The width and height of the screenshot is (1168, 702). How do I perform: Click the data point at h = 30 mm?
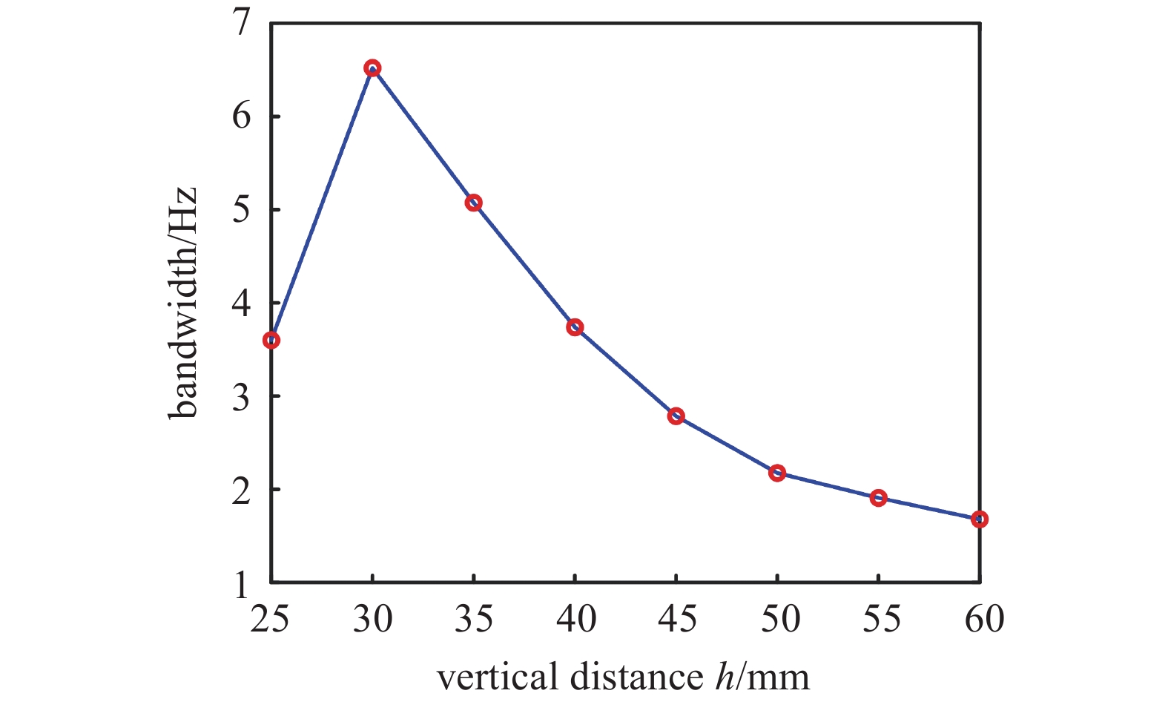coord(372,68)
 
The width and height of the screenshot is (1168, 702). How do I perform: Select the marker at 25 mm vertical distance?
coord(271,340)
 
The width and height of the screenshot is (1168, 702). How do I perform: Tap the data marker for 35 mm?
coord(474,203)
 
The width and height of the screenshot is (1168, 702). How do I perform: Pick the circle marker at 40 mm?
coord(575,327)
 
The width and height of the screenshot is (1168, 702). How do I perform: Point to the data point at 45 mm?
coord(676,416)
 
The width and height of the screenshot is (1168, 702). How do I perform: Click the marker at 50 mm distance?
coord(777,473)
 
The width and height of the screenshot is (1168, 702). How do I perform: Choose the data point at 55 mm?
coord(878,497)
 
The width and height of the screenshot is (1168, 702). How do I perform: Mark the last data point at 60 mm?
coord(980,519)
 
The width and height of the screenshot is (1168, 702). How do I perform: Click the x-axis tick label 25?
coord(270,618)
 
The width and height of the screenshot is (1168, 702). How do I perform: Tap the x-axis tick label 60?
coord(983,618)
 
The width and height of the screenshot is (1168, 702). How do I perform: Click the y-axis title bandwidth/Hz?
coord(182,303)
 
